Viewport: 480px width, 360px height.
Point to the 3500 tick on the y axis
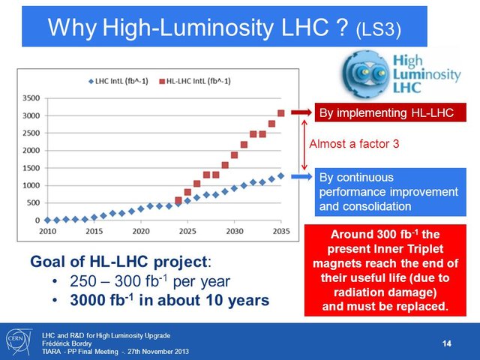click(x=31, y=98)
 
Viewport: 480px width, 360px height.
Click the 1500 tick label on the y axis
click(x=31, y=168)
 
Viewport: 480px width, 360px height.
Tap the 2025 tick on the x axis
click(x=187, y=231)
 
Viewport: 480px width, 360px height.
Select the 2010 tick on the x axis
click(x=46, y=231)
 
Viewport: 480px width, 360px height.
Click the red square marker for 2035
click(x=281, y=113)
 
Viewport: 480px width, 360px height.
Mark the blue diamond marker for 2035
click(x=281, y=176)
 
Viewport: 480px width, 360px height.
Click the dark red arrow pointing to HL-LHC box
click(x=298, y=113)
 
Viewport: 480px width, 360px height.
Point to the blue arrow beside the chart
click(x=298, y=177)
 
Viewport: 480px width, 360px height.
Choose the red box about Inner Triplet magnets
click(x=384, y=270)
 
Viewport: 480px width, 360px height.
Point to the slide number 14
click(x=447, y=343)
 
